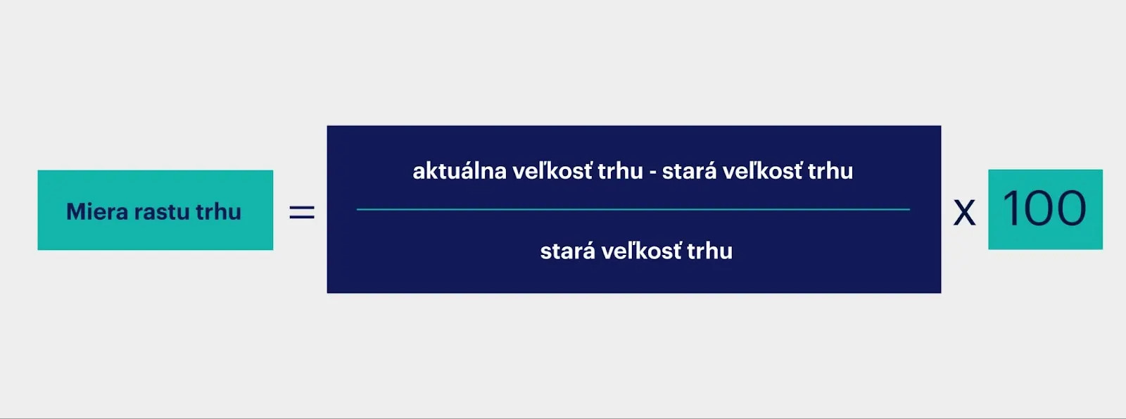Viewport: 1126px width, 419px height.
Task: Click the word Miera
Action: click(97, 211)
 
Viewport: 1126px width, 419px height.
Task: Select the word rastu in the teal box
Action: click(162, 212)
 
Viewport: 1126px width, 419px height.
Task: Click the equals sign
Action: click(302, 212)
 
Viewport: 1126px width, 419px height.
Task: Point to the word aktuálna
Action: click(460, 171)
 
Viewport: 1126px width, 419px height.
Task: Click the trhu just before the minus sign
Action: click(621, 170)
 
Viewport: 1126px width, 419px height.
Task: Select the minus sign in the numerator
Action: click(652, 173)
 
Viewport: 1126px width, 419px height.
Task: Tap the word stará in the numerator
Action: click(689, 171)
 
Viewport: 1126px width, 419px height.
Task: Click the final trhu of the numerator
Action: click(830, 170)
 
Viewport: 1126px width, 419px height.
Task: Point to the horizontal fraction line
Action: click(633, 209)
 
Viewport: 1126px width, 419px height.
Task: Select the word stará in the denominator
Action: click(567, 251)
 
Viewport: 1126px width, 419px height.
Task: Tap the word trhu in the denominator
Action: click(709, 251)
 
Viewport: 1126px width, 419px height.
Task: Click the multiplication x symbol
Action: click(964, 213)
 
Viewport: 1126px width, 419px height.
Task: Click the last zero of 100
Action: click(1070, 208)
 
